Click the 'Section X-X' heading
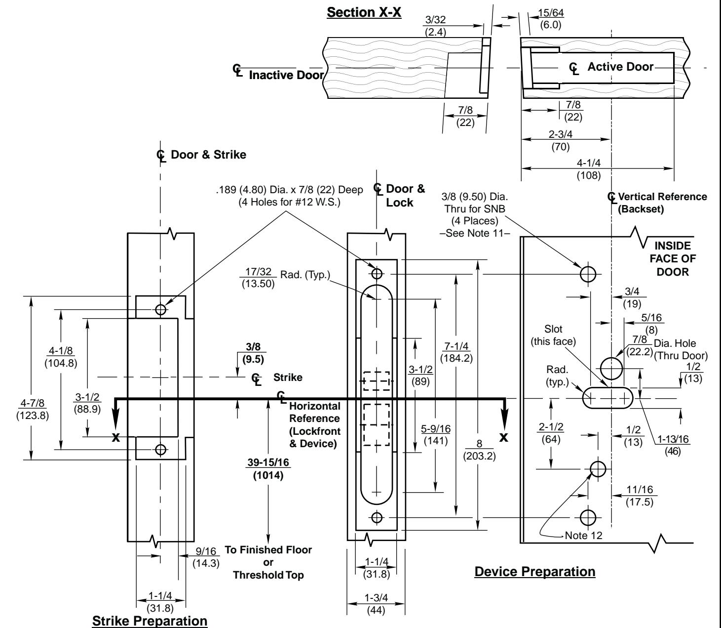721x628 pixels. click(364, 12)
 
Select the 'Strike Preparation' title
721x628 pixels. click(150, 621)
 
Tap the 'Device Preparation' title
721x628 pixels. click(534, 572)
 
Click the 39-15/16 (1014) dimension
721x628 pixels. click(268, 469)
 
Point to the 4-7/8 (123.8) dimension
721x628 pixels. click(33, 409)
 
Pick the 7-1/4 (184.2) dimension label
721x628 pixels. click(456, 352)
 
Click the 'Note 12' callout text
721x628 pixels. click(583, 535)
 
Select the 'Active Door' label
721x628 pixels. click(620, 67)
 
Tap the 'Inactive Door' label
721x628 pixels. click(286, 75)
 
